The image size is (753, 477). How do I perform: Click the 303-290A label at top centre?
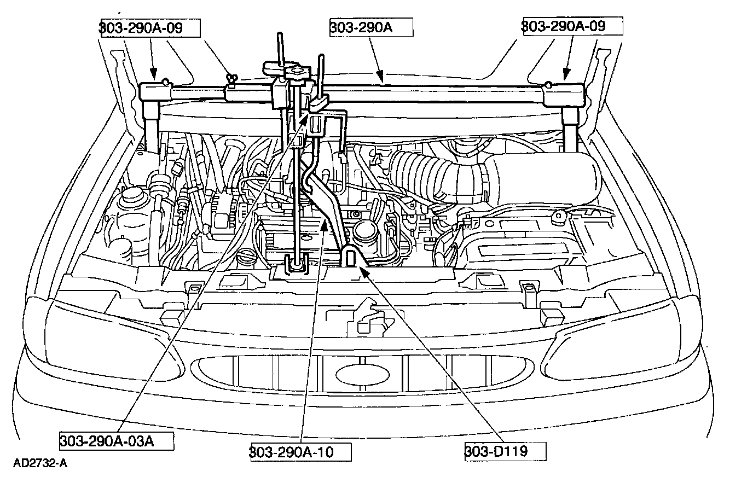pos(370,27)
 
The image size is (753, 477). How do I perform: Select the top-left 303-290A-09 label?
pos(149,27)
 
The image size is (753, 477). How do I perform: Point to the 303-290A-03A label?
pos(116,441)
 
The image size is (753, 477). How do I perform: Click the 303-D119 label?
pos(505,451)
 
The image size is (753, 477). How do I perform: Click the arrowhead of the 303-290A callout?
pos(383,80)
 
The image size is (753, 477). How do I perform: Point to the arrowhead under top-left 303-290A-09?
pos(154,75)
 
